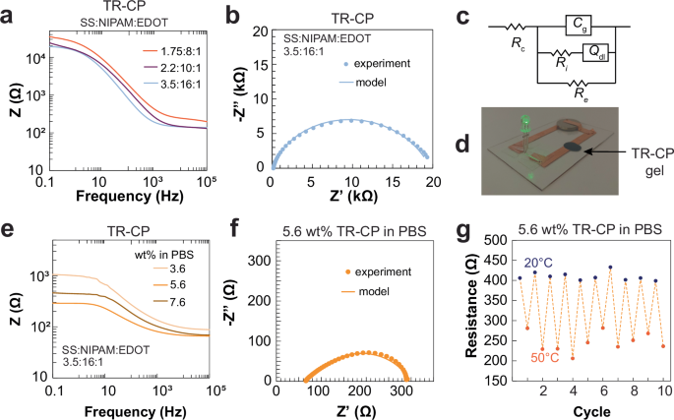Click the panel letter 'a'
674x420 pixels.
point(11,15)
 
